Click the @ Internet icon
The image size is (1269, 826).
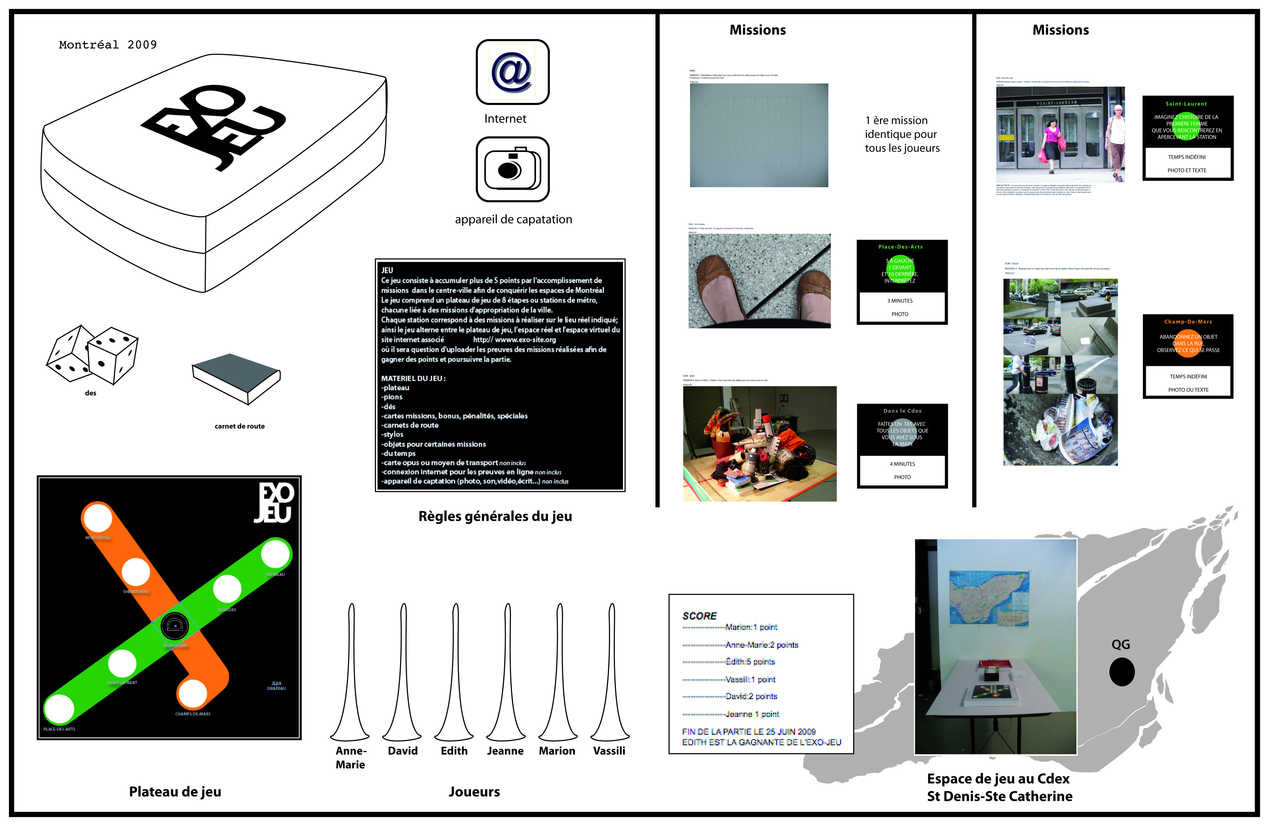[512, 72]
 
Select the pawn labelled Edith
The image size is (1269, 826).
[454, 674]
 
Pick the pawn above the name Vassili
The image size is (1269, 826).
[610, 674]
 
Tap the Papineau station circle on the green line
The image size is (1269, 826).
[275, 554]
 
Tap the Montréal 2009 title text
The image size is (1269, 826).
[108, 45]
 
